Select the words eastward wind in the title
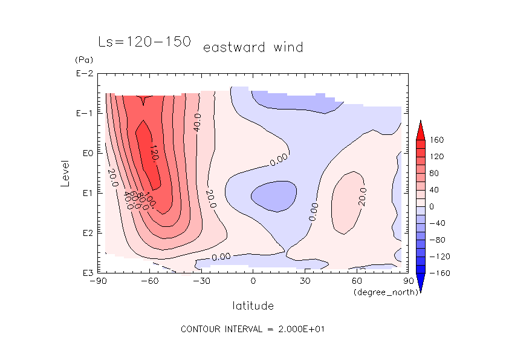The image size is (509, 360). (x=253, y=47)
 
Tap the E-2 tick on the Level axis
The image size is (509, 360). (x=83, y=74)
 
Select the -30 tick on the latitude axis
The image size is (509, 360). (x=201, y=281)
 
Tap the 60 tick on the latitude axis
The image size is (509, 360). (x=357, y=281)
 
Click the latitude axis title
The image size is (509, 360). (x=253, y=305)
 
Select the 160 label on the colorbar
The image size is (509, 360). (x=436, y=140)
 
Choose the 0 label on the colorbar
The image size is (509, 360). (x=432, y=206)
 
